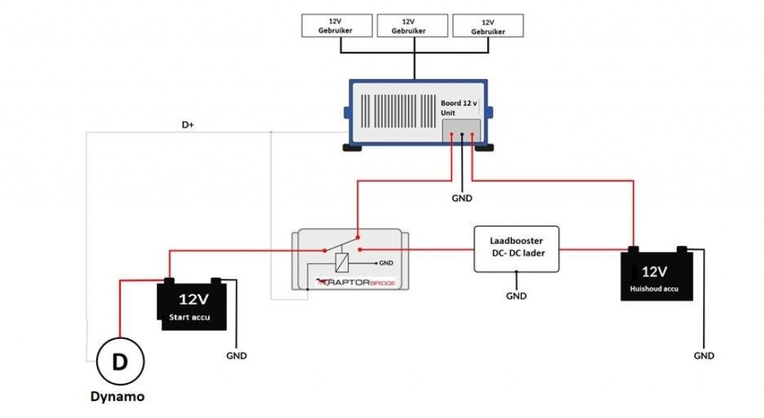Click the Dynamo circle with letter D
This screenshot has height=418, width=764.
[x=119, y=363]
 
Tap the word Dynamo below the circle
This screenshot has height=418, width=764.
[x=117, y=397]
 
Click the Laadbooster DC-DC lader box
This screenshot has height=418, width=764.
[x=516, y=247]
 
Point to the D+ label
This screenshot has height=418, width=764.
[x=188, y=125]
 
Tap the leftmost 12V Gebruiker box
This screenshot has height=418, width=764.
[x=336, y=26]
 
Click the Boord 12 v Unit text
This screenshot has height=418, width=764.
[x=458, y=108]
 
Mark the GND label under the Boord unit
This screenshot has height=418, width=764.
[x=462, y=199]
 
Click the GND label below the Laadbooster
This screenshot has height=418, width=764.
[x=516, y=296]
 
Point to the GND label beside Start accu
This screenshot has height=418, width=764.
[x=237, y=355]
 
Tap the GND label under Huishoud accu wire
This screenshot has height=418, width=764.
[x=704, y=355]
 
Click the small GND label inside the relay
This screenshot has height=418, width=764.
[x=386, y=263]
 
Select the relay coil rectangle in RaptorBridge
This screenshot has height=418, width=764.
[x=341, y=262]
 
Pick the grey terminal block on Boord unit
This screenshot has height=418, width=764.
[x=461, y=132]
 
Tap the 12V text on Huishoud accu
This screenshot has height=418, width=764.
[x=654, y=271]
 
